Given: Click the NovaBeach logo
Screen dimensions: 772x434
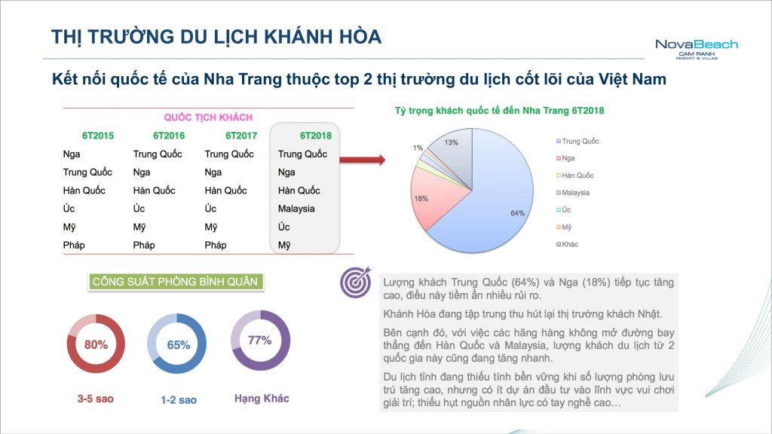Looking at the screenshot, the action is click(697, 49).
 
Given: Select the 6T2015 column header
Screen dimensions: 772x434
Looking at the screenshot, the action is click(98, 136).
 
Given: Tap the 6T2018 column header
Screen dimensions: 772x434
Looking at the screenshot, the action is click(316, 136).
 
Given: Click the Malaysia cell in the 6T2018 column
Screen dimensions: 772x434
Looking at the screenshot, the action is click(296, 209).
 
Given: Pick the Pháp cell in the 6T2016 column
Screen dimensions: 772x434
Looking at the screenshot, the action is click(144, 245).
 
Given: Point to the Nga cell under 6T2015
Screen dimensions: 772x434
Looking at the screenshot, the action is click(72, 154).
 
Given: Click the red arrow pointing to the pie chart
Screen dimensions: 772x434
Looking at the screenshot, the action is click(363, 160).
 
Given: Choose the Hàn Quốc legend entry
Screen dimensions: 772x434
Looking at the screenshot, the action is click(575, 175).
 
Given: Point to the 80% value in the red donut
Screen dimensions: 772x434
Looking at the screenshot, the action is click(96, 344).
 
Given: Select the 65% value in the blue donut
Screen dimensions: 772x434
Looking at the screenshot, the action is click(178, 345).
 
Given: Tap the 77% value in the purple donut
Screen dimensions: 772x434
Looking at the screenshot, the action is click(260, 340).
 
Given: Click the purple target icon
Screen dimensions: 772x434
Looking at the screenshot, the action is click(356, 283).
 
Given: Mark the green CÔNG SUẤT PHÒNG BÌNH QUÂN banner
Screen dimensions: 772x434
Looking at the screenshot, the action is click(175, 282).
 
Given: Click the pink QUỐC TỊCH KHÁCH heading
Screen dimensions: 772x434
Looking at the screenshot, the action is click(208, 118).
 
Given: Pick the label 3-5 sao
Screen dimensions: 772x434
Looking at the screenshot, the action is click(96, 399).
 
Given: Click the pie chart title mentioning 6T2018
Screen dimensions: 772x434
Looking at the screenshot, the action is click(499, 111).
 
